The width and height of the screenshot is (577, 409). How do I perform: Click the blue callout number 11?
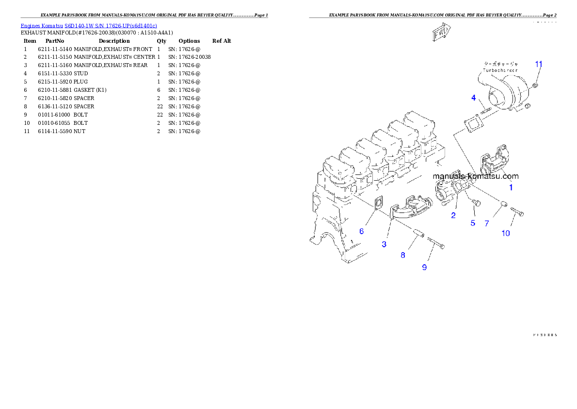click(539, 64)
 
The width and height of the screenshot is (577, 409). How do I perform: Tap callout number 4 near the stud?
click(474, 98)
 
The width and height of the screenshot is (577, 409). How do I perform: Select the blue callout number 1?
click(510, 187)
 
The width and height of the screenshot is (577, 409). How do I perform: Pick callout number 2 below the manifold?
click(453, 215)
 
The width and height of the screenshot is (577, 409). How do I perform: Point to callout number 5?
click(473, 223)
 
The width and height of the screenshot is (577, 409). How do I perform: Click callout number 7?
click(487, 223)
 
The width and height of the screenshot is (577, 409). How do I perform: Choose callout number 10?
click(506, 233)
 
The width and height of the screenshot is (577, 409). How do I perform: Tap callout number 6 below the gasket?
click(361, 231)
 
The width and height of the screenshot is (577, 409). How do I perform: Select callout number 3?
click(384, 244)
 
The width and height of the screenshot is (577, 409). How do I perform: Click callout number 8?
click(403, 255)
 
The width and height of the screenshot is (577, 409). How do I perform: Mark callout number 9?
click(424, 267)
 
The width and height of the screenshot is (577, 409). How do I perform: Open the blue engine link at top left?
click(89, 25)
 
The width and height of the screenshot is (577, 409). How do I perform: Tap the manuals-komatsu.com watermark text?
click(476, 176)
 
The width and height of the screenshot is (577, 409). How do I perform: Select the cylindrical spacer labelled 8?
click(419, 235)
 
